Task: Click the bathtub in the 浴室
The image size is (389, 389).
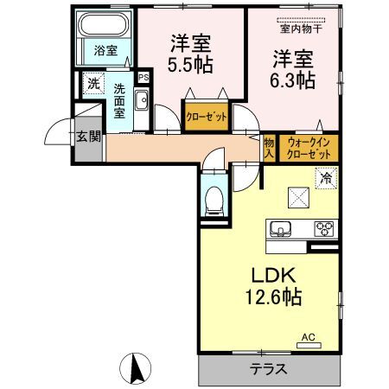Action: (103, 24)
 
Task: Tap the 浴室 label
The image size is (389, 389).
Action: (105, 51)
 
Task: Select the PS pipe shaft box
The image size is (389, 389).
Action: (143, 77)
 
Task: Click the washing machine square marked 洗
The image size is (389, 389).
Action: (93, 84)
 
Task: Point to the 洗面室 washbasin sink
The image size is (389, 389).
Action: (142, 99)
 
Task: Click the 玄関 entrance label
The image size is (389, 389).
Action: (89, 137)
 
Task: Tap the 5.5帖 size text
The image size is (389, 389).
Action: (190, 64)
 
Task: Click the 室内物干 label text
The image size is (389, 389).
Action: (301, 29)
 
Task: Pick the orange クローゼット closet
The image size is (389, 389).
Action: (207, 117)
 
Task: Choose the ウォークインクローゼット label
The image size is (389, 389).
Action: (309, 149)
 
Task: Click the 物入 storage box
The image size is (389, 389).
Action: (269, 148)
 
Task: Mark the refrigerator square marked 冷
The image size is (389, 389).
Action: (326, 178)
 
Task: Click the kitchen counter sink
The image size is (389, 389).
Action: (280, 229)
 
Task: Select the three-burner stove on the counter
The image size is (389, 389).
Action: (324, 229)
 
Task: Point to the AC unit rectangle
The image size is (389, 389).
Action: (309, 345)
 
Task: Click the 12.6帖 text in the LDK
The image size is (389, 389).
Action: (273, 297)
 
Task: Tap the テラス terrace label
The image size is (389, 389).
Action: (268, 369)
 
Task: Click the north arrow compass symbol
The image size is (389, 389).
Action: (136, 368)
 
